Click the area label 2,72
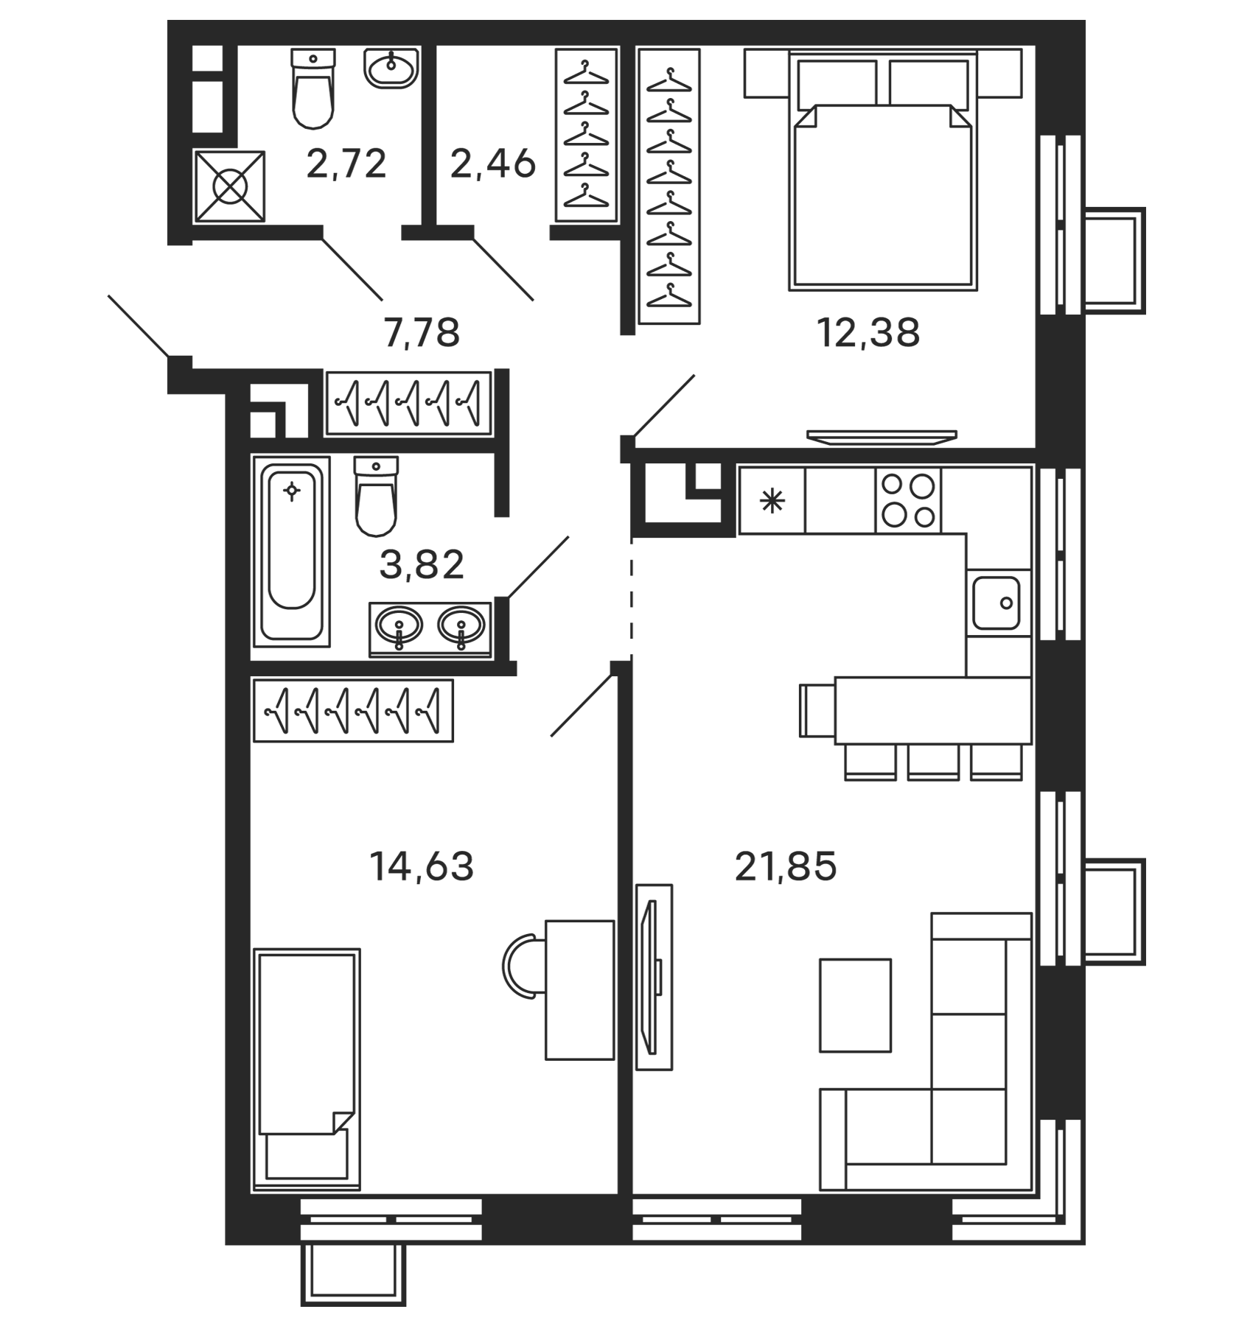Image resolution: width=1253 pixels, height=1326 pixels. point(346,164)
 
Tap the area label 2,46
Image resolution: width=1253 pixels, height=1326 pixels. point(492,164)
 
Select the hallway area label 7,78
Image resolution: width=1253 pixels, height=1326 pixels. point(422,332)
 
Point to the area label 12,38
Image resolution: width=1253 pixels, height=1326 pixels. point(868,332)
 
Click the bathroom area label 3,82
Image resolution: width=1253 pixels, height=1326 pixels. point(422,566)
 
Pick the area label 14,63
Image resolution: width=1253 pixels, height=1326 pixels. point(421,866)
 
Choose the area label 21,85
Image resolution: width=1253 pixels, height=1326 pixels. point(786,866)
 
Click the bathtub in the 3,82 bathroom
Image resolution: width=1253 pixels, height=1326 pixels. point(292,549)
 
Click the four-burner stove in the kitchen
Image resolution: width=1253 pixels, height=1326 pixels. point(908,500)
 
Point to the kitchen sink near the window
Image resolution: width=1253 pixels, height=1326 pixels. point(996,603)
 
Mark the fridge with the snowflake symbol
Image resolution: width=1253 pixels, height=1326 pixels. point(772,501)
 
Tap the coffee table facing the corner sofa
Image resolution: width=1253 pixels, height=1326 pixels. point(856,1006)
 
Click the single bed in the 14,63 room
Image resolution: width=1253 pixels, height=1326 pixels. point(307,1068)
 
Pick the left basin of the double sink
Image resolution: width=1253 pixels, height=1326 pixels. point(399,627)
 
